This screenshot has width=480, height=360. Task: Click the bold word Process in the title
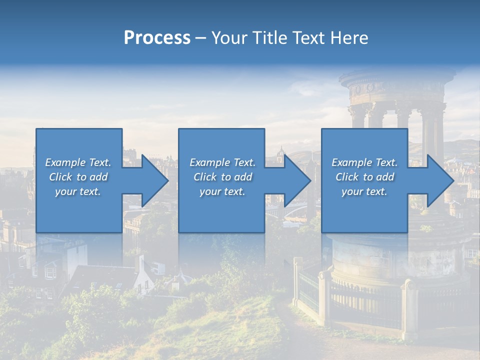157,38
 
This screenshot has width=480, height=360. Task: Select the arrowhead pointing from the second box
297,180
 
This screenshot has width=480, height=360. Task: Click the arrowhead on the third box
440,180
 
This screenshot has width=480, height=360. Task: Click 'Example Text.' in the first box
78,162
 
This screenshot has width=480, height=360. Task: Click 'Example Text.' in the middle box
222,162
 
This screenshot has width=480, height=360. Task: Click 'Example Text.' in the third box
364,162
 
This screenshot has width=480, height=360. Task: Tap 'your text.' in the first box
78,191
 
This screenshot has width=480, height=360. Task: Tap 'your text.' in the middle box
222,191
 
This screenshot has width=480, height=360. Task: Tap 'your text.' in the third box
364,191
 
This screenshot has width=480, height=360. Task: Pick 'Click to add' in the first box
78,177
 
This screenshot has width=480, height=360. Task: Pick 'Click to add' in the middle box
222,177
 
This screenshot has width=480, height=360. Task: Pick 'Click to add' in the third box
364,177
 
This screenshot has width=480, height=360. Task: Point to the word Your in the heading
229,38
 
